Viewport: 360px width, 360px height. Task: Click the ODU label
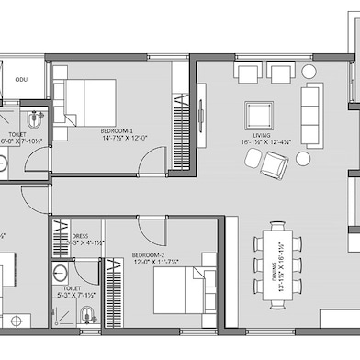coord(20,81)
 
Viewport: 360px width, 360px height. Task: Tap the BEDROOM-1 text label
coord(118,131)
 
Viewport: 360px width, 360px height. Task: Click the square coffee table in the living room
coord(258,114)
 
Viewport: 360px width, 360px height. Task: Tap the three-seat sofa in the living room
coord(312,103)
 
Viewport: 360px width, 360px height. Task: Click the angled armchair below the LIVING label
coord(274,164)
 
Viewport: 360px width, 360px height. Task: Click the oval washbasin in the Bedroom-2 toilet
coord(60,274)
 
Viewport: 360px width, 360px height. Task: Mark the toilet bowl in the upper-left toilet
coord(34,118)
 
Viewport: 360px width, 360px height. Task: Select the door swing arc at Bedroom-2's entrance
coord(152,230)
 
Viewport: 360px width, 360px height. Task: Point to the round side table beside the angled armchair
coord(302,159)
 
